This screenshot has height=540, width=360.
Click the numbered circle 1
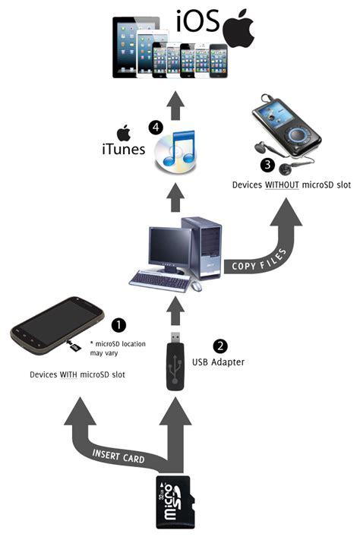coord(118,324)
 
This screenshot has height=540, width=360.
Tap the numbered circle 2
coord(219,346)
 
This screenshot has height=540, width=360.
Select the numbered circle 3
coord(267,163)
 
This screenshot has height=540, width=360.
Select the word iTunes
coord(122,150)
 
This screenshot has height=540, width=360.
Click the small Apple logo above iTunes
coord(121,131)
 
